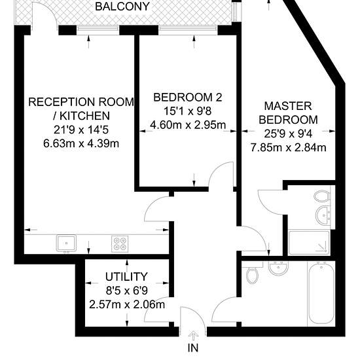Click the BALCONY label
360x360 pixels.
(x=122, y=7)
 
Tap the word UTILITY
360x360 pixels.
(x=126, y=277)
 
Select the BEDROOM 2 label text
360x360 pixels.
(x=188, y=98)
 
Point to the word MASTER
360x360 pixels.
(x=288, y=106)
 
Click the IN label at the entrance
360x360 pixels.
(x=193, y=348)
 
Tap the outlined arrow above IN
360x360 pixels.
(x=194, y=336)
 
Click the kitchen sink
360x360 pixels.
(x=66, y=243)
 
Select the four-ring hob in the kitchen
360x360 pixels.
(x=120, y=244)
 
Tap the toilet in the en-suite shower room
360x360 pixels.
(x=322, y=196)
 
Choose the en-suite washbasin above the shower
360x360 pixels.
(x=324, y=215)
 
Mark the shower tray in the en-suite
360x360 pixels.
(x=309, y=243)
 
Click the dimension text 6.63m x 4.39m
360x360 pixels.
(x=81, y=144)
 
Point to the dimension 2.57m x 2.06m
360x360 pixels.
(x=127, y=304)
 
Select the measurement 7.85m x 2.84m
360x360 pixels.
(x=288, y=147)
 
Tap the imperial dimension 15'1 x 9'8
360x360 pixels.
(x=187, y=111)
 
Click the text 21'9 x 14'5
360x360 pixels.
(x=81, y=130)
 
